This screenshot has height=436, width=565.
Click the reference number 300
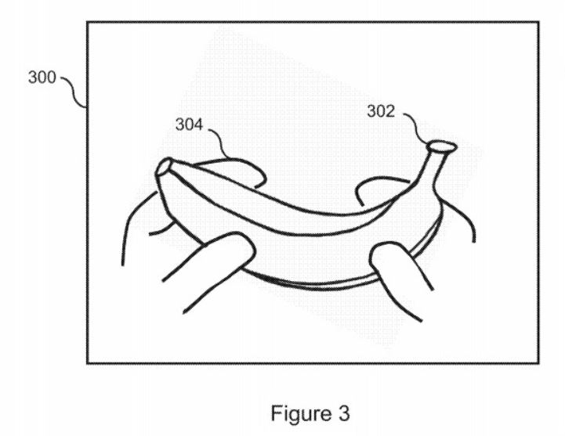[42, 77]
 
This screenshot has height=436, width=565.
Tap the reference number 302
[381, 111]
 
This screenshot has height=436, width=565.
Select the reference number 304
[189, 124]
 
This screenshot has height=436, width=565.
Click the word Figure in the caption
[300, 414]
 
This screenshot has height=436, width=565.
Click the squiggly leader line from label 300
[73, 91]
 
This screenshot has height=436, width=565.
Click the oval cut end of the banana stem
[441, 146]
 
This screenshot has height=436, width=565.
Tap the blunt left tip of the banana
[163, 167]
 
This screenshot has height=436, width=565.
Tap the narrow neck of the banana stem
[435, 166]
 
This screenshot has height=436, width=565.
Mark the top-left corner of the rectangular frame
[87, 23]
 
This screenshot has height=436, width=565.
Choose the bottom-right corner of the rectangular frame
[538, 363]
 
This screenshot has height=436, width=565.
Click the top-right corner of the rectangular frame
[538, 23]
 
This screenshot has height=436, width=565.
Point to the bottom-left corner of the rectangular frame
[87, 363]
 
